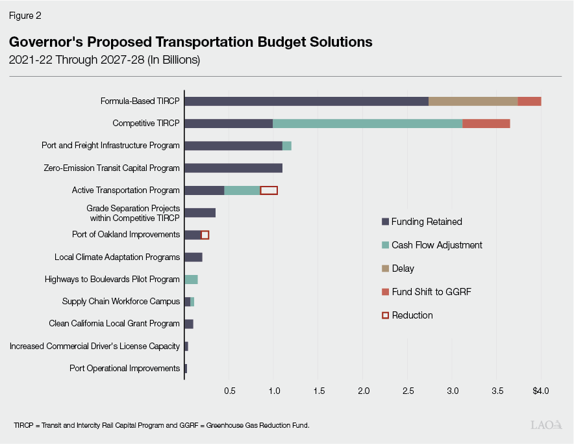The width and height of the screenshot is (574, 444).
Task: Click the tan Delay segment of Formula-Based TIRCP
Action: (x=473, y=101)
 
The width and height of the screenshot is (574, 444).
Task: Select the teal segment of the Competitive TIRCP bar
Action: (x=367, y=124)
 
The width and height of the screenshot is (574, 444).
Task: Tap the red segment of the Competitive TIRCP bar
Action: (x=486, y=124)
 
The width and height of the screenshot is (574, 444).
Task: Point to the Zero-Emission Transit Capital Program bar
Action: (x=233, y=168)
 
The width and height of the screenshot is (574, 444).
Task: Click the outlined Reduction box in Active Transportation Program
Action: (x=269, y=190)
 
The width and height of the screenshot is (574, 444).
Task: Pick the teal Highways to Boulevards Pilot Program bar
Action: (x=191, y=280)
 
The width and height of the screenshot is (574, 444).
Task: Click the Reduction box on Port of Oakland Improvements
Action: (x=205, y=235)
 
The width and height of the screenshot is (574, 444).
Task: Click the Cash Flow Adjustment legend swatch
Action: (x=385, y=245)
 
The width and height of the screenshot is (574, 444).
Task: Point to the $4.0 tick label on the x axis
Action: (x=540, y=391)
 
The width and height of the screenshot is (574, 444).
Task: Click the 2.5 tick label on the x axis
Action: (x=408, y=391)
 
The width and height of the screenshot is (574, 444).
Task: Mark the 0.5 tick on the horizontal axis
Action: (x=229, y=391)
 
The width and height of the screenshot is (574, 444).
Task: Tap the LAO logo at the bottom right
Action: (x=545, y=425)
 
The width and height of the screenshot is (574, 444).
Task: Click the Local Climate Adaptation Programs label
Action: (x=117, y=257)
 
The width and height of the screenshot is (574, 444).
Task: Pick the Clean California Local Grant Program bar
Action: (x=189, y=324)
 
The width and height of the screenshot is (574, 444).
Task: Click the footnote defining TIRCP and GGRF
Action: (x=161, y=425)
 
